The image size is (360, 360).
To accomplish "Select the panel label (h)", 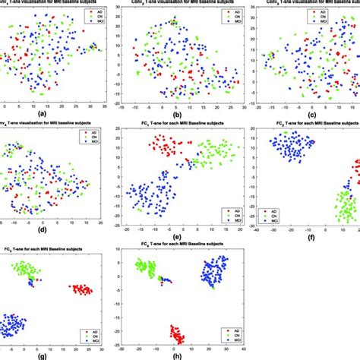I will point(180,355).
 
